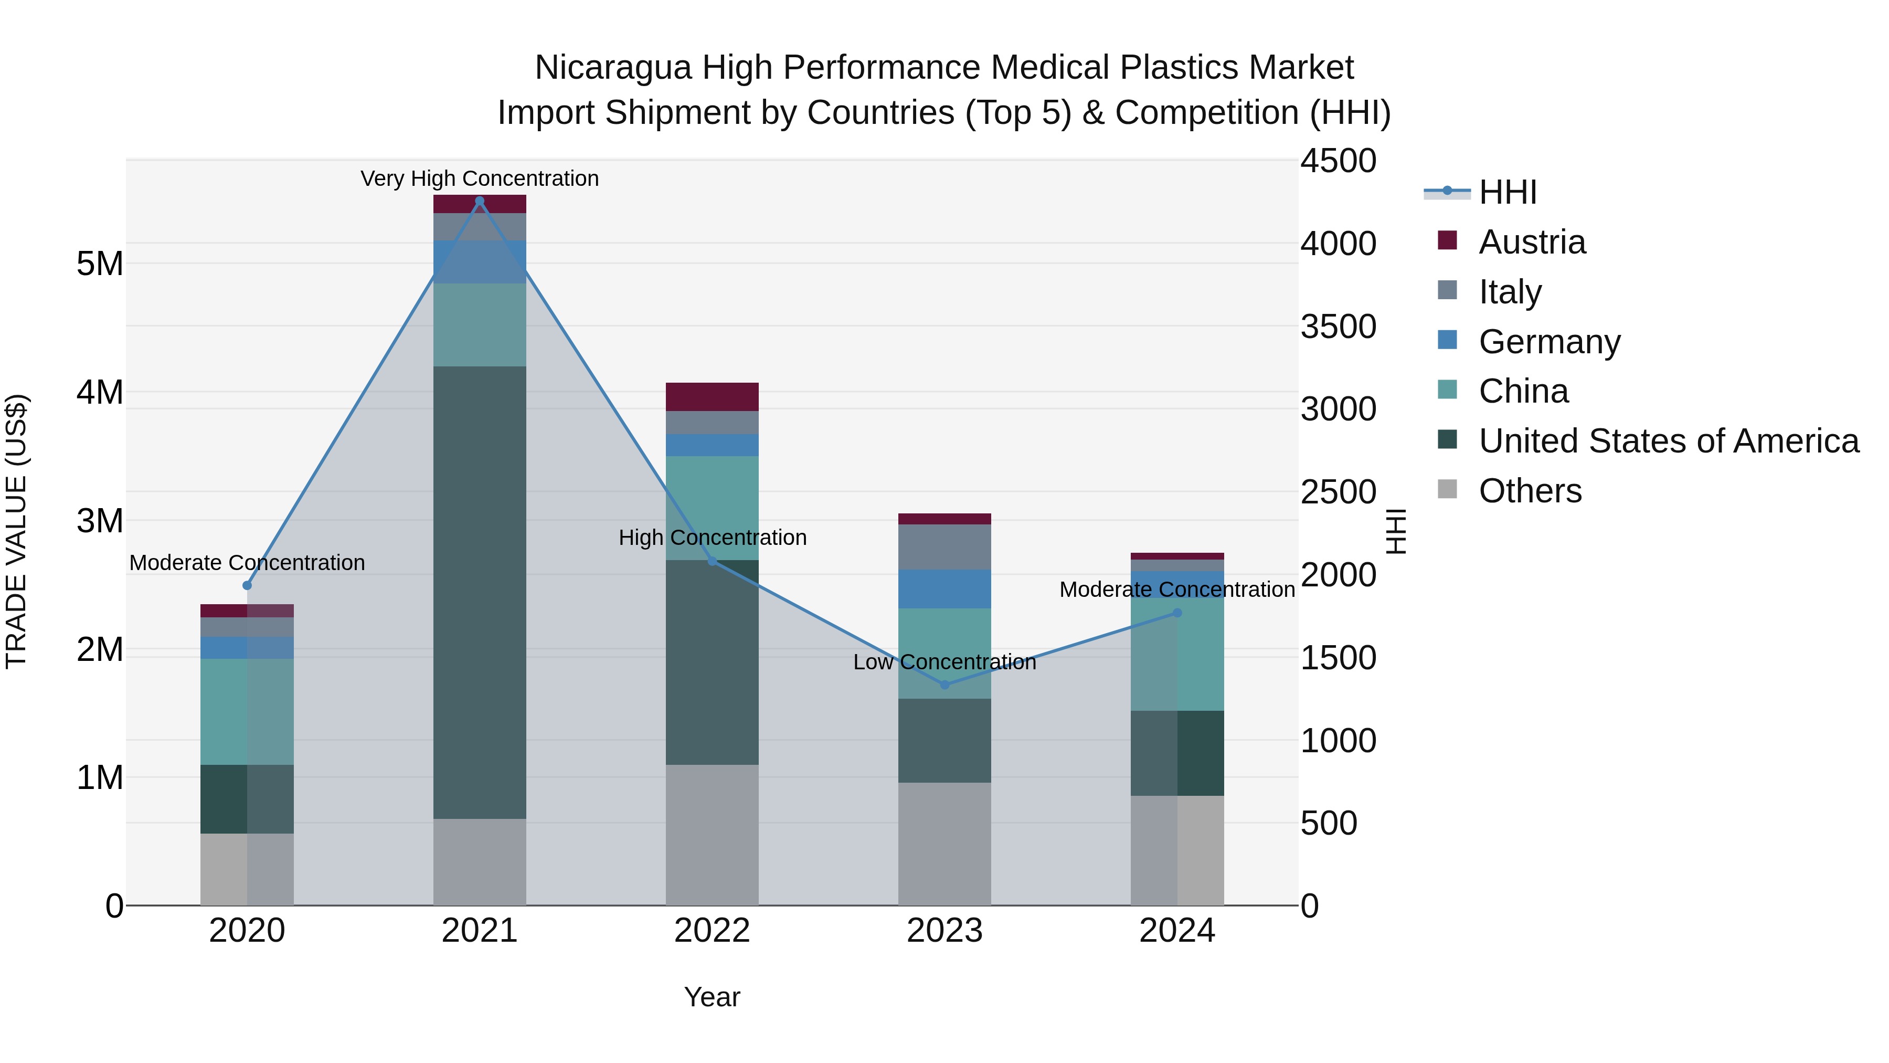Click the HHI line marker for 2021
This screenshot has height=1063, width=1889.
click(480, 201)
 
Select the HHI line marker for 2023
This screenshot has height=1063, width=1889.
click(944, 685)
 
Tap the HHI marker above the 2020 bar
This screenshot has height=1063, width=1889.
click(247, 585)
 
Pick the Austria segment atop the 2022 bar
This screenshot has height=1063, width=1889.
click(712, 396)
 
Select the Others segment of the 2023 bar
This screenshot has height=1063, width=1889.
click(944, 844)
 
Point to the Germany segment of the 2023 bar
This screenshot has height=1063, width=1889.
click(944, 588)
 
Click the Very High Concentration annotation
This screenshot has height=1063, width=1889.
click(480, 179)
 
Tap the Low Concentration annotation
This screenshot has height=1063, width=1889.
click(944, 662)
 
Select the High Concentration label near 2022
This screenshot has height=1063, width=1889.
click(712, 538)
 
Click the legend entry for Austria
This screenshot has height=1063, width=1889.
click(1531, 242)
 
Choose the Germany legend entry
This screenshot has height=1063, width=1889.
click(1549, 342)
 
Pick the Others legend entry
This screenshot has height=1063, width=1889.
click(1530, 491)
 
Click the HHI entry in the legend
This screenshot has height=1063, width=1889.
click(1507, 192)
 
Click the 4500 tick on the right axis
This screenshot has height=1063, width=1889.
click(1338, 161)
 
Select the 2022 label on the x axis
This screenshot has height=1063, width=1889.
click(712, 931)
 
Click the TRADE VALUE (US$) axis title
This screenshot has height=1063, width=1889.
click(16, 531)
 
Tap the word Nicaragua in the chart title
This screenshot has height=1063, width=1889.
click(612, 68)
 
